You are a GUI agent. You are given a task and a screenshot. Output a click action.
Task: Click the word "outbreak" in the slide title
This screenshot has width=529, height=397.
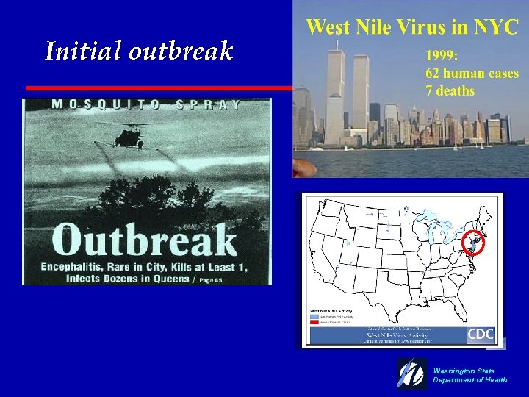[x=181, y=51]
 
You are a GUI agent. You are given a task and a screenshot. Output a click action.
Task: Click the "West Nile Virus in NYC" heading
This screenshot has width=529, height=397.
[x=412, y=27]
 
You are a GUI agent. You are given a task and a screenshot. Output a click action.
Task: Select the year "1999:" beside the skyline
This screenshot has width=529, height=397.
[x=443, y=56]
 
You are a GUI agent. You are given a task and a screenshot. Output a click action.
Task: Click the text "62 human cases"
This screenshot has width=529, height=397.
[x=472, y=74]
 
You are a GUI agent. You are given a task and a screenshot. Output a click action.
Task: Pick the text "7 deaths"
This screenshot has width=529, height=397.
[x=450, y=91]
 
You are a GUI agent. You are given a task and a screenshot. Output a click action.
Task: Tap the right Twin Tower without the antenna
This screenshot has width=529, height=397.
[x=360, y=99]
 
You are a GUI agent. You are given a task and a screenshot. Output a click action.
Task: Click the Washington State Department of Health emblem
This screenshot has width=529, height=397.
[x=411, y=373]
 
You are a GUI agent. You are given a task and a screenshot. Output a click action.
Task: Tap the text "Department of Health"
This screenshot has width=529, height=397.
[x=469, y=380]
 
